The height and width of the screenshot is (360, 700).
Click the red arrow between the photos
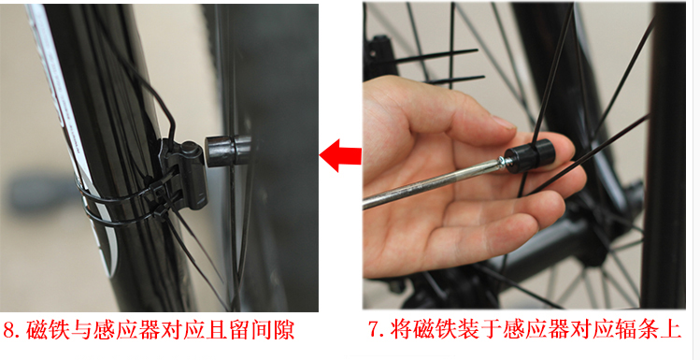pyautogui.click(x=340, y=155)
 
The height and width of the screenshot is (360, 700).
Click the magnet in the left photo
pyautogui.click(x=228, y=151)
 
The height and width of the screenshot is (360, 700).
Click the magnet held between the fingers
pyautogui.click(x=530, y=154)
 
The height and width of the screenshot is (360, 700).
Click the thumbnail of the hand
pyautogui.click(x=503, y=122)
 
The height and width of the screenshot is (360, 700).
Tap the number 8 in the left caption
pyautogui.click(x=10, y=331)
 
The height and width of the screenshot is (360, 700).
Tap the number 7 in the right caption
pyautogui.click(x=375, y=330)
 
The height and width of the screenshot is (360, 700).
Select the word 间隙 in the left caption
pyautogui.click(x=272, y=331)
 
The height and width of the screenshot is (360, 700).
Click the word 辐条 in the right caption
pyautogui.click(x=636, y=330)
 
